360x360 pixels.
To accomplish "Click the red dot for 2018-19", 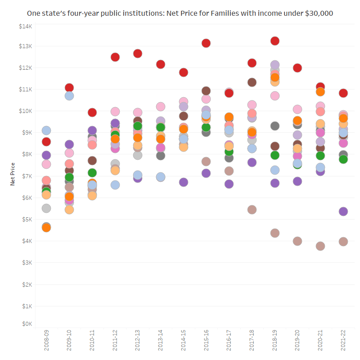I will tap(274, 41).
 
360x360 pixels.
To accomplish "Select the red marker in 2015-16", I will tap(206, 43).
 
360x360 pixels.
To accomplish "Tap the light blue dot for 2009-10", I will tap(69, 96).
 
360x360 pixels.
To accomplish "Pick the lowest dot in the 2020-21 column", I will tap(320, 246).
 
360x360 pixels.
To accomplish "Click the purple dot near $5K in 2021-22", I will tap(343, 211).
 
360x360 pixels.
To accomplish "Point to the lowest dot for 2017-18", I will tap(252, 210).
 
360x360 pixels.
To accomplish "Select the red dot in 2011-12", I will tap(115, 57).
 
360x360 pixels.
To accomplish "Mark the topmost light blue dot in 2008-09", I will tap(46, 130).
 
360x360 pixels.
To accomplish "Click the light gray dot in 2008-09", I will tap(46, 208).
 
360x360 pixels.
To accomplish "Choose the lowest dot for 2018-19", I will tap(274, 233).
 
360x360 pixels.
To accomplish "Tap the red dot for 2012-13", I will tap(138, 54).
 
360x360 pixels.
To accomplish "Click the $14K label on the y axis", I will tap(25, 27).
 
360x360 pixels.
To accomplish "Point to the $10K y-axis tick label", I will tap(25, 111).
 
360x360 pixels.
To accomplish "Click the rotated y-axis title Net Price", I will tap(13, 175).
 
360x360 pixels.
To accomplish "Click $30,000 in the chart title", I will tap(319, 13).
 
